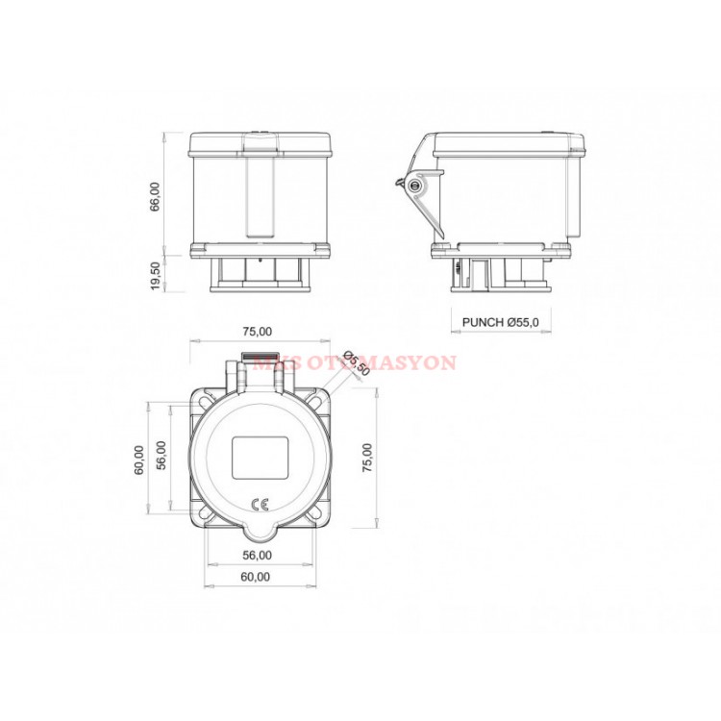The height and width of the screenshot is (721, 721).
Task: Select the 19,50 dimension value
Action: click(155, 272)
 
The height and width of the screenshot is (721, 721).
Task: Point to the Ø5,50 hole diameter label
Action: click(356, 363)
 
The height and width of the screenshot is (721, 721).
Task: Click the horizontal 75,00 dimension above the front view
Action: click(257, 332)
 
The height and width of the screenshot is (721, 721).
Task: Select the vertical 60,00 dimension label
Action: click(139, 459)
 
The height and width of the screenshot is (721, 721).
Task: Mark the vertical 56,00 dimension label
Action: click(162, 457)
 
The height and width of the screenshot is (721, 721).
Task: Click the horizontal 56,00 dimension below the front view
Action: click(257, 555)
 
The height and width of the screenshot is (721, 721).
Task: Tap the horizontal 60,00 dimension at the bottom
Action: click(257, 577)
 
